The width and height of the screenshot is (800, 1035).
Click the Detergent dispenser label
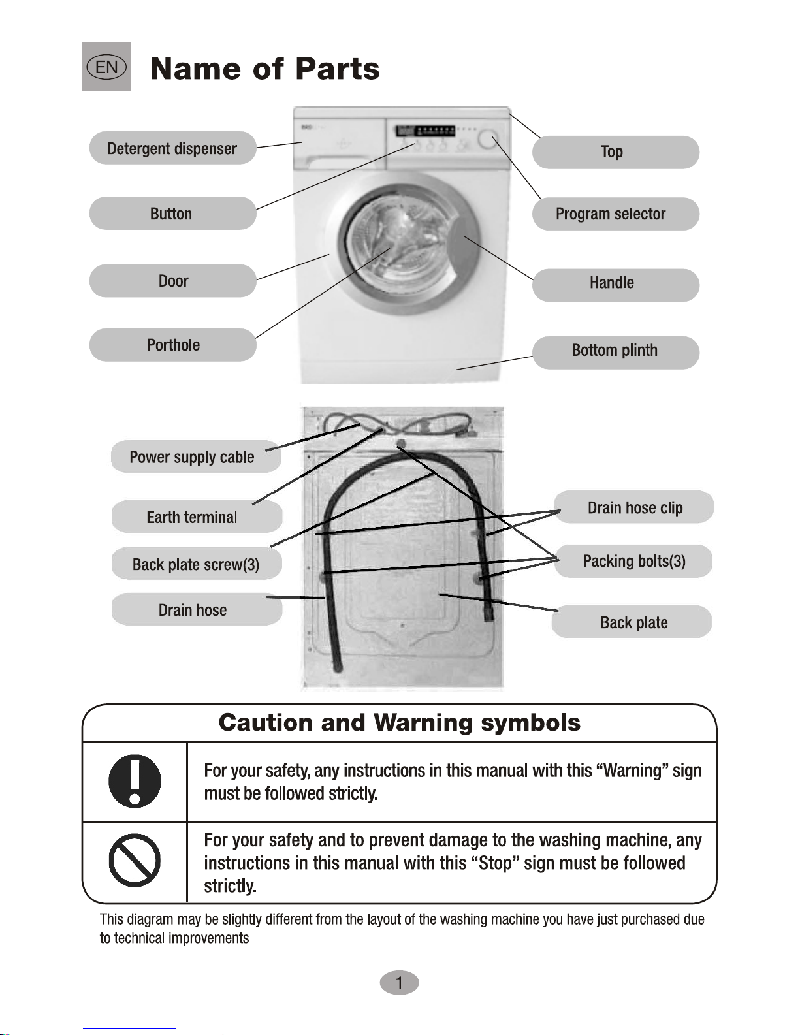point(172,148)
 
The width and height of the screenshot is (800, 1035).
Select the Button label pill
point(172,214)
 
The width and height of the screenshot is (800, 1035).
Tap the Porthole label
point(172,345)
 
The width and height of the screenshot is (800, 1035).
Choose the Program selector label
point(615,214)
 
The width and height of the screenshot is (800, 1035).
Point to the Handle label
point(615,283)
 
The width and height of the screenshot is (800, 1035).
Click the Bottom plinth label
point(615,351)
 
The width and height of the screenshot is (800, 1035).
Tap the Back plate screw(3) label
point(196,564)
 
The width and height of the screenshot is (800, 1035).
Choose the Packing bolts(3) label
point(633,561)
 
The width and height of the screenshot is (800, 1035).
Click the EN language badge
point(106,67)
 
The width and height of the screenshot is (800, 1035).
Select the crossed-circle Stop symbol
point(135,861)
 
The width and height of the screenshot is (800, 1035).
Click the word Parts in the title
point(337,69)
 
